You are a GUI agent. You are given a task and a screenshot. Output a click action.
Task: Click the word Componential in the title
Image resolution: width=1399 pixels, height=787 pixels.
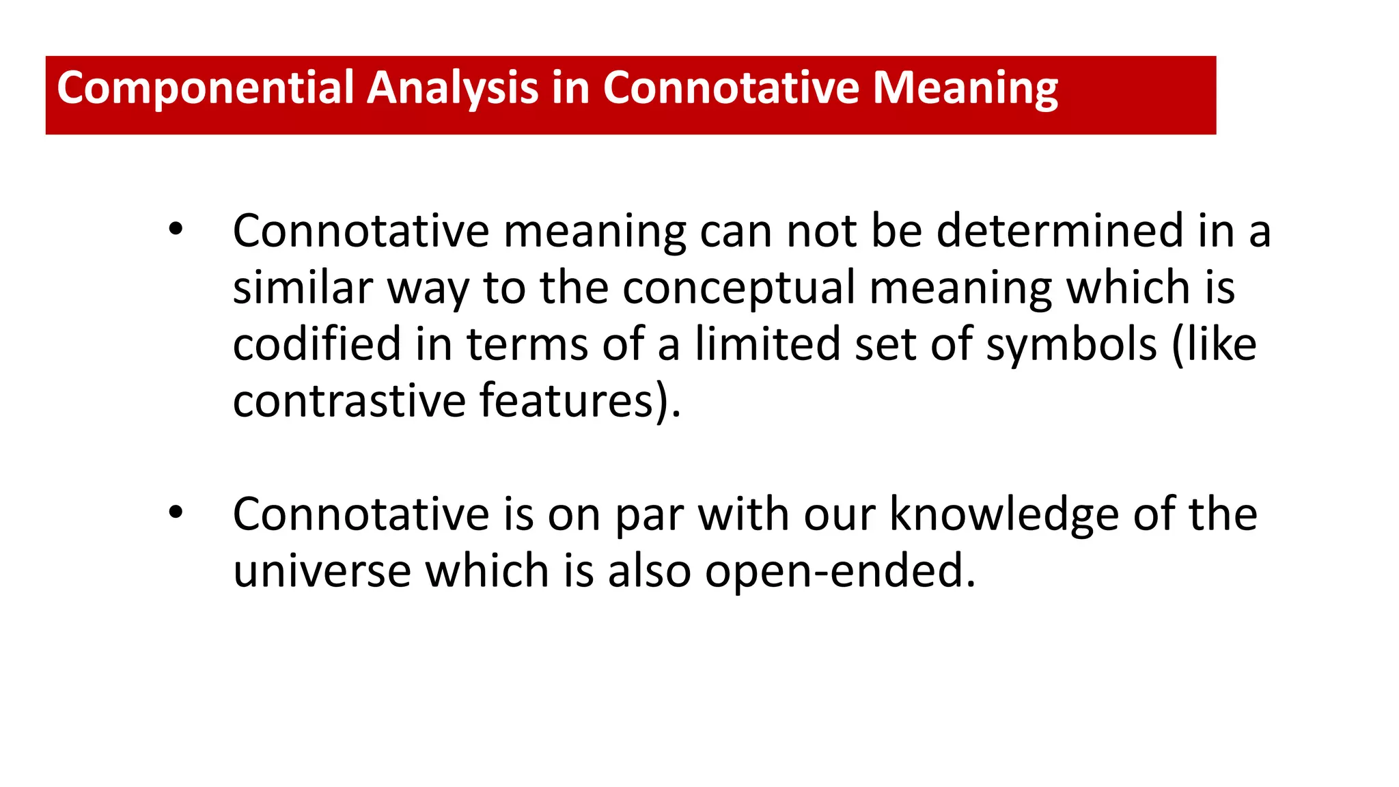[204, 89]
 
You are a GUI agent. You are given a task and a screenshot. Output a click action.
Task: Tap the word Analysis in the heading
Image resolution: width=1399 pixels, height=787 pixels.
[452, 89]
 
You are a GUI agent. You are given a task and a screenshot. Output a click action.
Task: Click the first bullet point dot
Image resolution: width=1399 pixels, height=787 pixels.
[176, 230]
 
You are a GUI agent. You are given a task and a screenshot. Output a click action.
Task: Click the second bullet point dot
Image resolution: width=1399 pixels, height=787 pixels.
[176, 513]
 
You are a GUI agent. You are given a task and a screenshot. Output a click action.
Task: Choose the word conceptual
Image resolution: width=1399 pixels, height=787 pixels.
[738, 288]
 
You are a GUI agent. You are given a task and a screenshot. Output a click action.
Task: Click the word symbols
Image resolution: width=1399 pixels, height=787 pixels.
[1071, 345]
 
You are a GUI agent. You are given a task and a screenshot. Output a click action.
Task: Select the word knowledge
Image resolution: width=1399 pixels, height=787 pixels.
[1004, 515]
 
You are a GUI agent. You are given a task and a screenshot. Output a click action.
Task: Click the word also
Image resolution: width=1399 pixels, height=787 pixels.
[649, 571]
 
